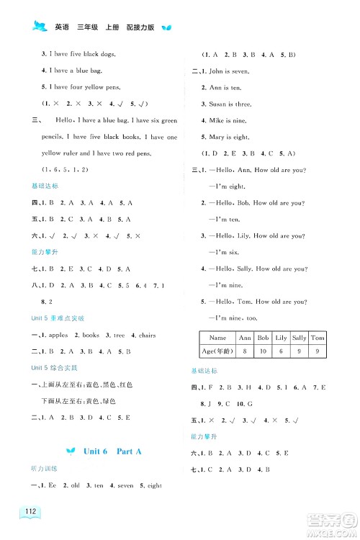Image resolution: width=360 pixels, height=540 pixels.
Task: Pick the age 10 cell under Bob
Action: click(263, 351)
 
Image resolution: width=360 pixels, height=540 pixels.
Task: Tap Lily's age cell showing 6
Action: click(281, 351)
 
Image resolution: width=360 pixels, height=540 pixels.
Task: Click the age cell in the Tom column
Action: click(318, 351)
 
